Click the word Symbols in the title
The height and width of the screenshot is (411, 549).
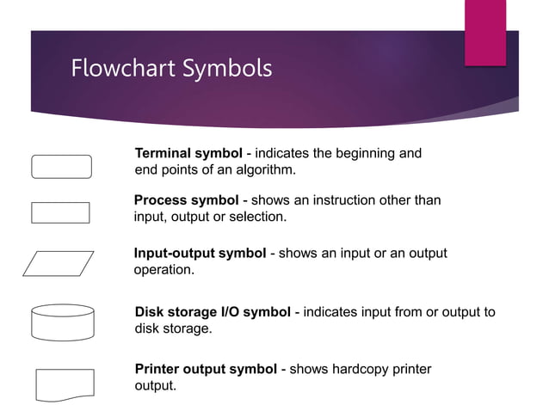coord(227,70)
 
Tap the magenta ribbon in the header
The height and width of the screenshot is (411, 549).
coord(485,33)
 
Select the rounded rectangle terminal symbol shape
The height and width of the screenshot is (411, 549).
coord(62,155)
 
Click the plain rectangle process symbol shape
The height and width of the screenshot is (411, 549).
coord(60,203)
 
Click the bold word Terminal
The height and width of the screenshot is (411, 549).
coord(164,153)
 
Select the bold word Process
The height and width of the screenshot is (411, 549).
coord(161,200)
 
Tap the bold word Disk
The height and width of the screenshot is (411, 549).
coord(149,312)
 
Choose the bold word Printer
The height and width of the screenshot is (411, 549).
coord(157,369)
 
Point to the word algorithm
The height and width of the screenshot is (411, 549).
coord(266,170)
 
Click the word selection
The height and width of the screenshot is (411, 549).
coord(257,217)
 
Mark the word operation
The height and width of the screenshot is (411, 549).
coord(163,270)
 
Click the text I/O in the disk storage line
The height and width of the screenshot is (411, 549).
coord(231,312)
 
